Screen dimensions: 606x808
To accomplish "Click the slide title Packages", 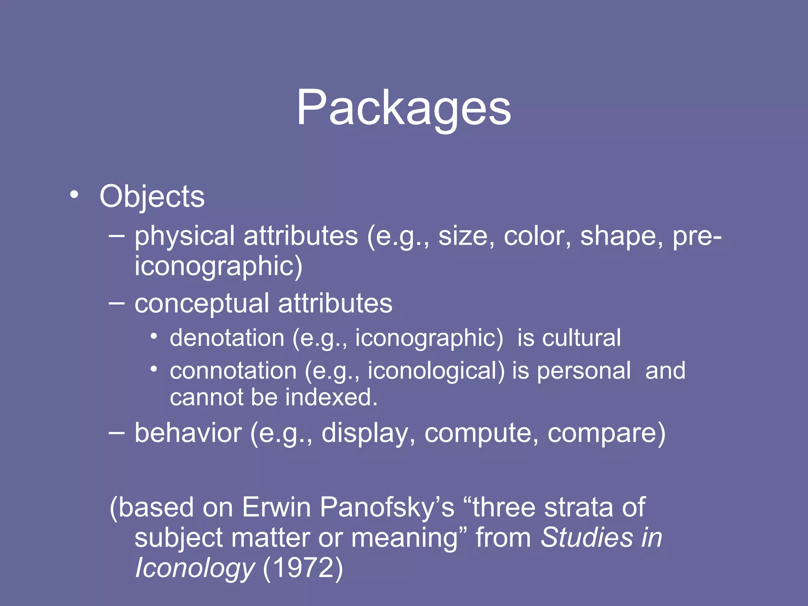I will (x=404, y=108).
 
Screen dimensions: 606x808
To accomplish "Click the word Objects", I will (x=152, y=196).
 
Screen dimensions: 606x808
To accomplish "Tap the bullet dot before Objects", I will (x=74, y=195).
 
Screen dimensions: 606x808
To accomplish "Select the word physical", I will (x=185, y=236).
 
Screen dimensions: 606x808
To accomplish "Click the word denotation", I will (x=227, y=338).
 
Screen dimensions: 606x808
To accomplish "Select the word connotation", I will (x=233, y=371).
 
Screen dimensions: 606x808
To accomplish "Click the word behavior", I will (x=188, y=433).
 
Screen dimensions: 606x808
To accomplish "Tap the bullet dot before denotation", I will (x=154, y=337).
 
